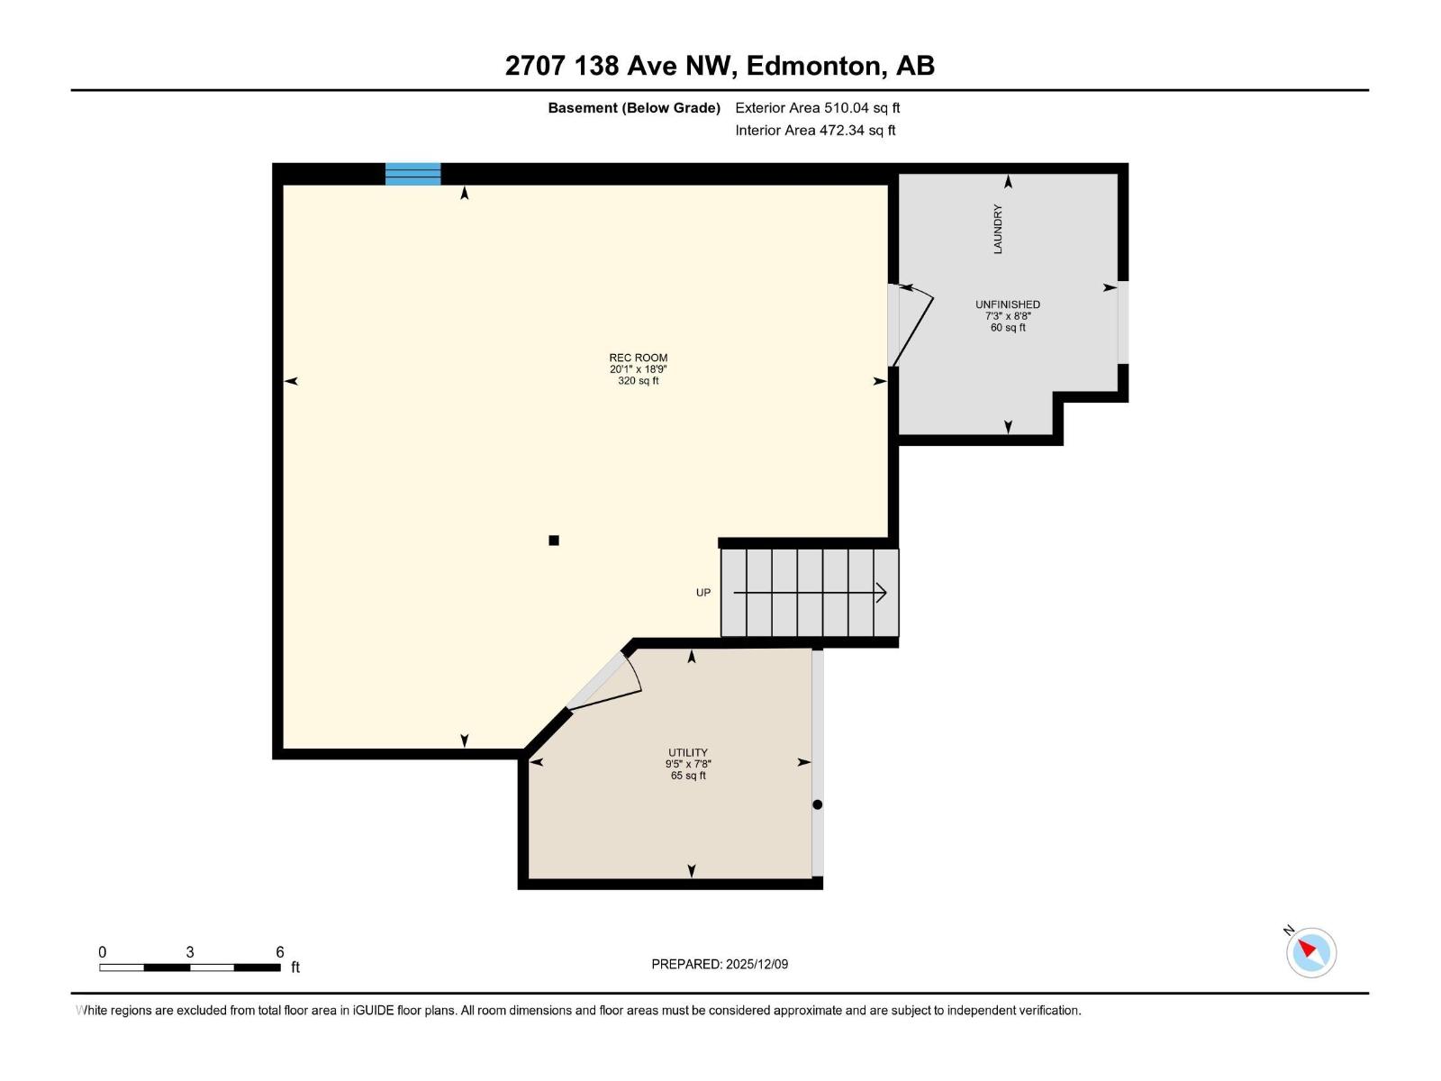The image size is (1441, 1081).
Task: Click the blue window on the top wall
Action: [x=412, y=174]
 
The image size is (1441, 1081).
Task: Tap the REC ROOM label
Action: [x=638, y=358]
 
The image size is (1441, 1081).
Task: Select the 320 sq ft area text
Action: [x=638, y=381]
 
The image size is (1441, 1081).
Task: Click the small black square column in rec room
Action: [x=554, y=540]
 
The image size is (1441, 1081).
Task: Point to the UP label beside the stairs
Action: [x=703, y=593]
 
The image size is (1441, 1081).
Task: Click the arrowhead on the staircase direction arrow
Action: [x=883, y=593]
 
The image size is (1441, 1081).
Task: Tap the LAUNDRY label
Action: [x=998, y=229]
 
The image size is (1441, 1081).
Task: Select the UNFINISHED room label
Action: [x=1008, y=304]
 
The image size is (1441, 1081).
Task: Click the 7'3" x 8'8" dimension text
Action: [x=1008, y=316]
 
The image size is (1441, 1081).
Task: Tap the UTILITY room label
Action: [x=688, y=752]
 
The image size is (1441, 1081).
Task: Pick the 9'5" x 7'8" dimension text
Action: [x=688, y=764]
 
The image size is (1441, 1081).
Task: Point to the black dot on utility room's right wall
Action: [x=818, y=804]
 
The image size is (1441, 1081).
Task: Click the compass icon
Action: [x=1311, y=952]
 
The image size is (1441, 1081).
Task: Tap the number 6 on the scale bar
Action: [x=280, y=952]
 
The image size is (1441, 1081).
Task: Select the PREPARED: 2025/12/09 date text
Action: [x=720, y=964]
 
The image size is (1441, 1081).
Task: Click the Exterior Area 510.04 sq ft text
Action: [x=817, y=108]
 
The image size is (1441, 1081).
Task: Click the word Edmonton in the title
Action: [x=813, y=66]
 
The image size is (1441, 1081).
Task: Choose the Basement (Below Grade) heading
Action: [x=634, y=108]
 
